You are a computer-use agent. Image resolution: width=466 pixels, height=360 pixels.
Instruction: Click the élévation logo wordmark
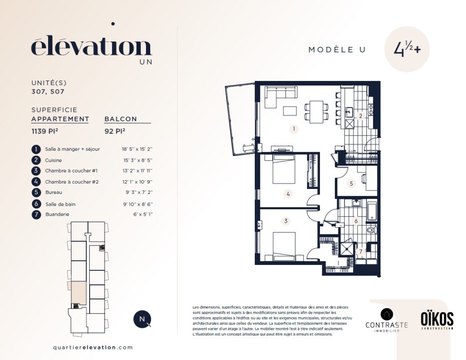(91, 47)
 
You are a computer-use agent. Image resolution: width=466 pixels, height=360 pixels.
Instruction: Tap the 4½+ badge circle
(407, 49)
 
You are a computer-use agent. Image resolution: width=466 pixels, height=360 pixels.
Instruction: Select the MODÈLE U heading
(337, 50)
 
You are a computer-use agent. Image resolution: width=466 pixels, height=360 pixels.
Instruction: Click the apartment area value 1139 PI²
(45, 131)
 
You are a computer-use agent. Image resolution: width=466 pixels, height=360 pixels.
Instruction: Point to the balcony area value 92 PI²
(115, 131)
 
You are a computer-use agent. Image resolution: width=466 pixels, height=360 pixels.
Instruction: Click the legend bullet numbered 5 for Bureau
(36, 193)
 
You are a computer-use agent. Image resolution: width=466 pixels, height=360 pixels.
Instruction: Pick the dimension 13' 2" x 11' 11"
(137, 171)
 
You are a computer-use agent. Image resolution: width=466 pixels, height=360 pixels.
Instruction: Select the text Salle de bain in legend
(61, 204)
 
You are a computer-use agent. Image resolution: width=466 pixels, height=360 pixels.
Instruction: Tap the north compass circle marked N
(142, 319)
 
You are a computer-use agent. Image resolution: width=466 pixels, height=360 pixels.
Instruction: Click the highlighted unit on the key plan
(79, 293)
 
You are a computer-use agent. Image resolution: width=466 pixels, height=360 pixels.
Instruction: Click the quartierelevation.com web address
(93, 347)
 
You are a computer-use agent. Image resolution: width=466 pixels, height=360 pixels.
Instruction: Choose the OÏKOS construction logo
(437, 320)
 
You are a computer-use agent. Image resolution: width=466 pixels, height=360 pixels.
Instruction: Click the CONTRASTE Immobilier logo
(387, 320)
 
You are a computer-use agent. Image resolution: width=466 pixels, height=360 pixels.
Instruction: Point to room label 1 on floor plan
(294, 129)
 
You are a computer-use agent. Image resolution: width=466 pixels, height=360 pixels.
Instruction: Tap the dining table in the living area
(316, 112)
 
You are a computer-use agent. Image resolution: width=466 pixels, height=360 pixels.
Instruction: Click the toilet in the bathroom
(371, 230)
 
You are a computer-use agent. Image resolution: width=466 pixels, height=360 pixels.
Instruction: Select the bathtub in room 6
(372, 211)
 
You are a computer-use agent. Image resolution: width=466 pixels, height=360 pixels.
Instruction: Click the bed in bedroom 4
(284, 169)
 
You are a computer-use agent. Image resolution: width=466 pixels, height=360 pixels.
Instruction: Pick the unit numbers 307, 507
(48, 91)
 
